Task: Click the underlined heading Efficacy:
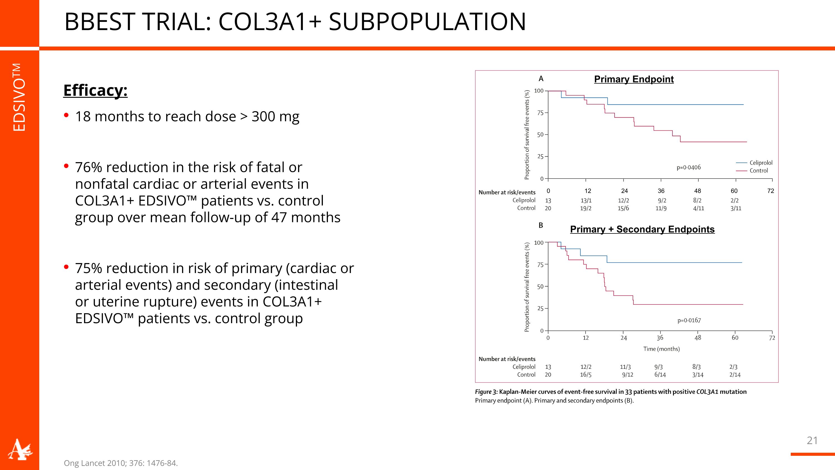95,90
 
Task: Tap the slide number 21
812,440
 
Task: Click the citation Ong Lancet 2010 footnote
121,463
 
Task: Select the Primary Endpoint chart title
634,79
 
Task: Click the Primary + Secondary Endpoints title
642,229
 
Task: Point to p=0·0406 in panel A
689,167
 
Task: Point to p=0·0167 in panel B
689,320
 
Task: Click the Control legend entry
758,171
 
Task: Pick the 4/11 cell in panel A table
698,208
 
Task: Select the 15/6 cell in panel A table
623,208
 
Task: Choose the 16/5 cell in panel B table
585,375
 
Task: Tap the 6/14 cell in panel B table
660,375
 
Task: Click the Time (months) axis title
661,349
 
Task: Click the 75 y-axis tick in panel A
540,113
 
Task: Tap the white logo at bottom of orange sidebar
19,450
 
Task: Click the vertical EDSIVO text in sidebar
19,97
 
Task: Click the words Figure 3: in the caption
486,392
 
